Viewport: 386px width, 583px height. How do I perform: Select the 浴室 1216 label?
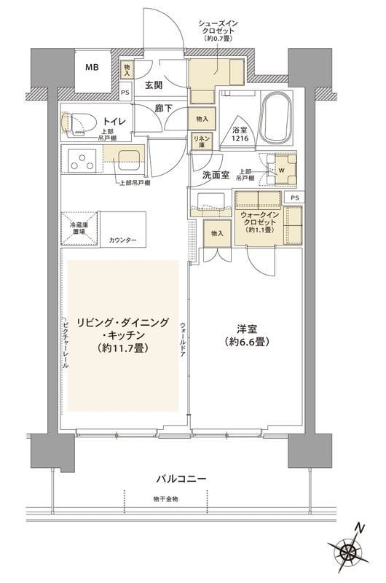tap(240, 129)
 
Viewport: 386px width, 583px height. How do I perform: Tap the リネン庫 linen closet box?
tap(201, 140)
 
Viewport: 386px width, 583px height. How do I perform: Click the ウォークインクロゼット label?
tap(260, 222)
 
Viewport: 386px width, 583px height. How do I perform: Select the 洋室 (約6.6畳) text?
tap(248, 334)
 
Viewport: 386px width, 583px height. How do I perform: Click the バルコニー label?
tap(181, 479)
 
